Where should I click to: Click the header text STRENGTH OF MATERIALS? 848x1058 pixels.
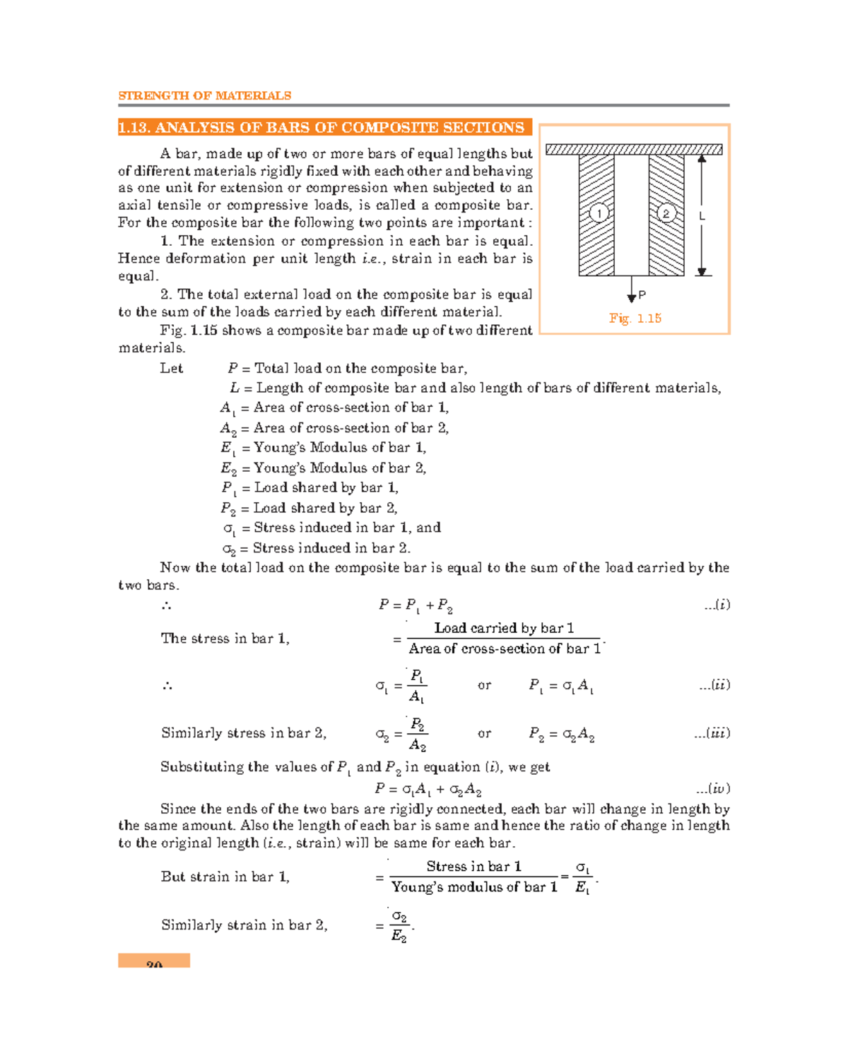(x=204, y=95)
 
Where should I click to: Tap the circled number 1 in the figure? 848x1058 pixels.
(x=599, y=213)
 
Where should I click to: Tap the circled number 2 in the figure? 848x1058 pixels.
(x=666, y=213)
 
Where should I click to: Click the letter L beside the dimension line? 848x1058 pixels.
(x=702, y=217)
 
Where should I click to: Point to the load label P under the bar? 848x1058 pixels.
(x=642, y=295)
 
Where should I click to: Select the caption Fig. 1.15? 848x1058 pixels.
(x=635, y=319)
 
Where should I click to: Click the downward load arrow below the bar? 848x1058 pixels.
(x=631, y=290)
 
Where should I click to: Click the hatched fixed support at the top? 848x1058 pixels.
(x=633, y=150)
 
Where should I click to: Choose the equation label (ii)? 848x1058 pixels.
(x=717, y=685)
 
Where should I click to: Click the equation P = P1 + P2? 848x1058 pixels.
(x=416, y=605)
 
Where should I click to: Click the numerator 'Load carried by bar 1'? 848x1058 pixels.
(x=503, y=628)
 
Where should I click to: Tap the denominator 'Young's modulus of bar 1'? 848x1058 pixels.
(x=474, y=887)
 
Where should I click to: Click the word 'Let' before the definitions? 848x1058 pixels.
(x=171, y=369)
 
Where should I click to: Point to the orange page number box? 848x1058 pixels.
(x=154, y=961)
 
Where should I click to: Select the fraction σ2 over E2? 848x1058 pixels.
(x=399, y=926)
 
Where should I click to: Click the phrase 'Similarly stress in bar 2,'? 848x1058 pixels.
(x=243, y=733)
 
